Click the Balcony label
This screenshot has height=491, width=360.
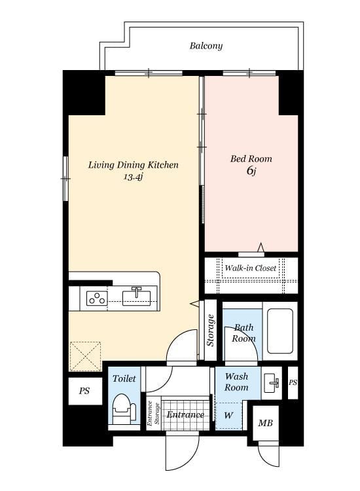coord(206,46)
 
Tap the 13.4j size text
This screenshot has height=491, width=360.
coord(134,177)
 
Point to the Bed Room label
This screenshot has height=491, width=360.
coord(251,159)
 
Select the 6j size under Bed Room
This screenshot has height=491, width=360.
coord(251,171)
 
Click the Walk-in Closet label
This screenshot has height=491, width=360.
coord(251,268)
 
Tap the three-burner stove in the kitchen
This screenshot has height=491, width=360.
coord(97,298)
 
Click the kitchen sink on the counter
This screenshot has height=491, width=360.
coord(136,296)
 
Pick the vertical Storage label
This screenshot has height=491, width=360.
coord(210,331)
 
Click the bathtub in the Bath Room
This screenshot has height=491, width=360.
coord(280,331)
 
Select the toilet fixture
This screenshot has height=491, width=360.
coord(124,409)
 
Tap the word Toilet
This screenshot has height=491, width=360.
coord(124,378)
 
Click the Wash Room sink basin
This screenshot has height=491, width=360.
coord(271,383)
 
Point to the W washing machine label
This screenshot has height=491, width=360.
coord(229,416)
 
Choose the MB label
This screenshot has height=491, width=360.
coord(266,424)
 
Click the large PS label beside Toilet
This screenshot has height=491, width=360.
coord(84,391)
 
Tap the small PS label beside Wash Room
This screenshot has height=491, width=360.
coord(293,382)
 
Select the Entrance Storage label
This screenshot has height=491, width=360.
coord(153,413)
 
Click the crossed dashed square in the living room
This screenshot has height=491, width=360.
coord(85,357)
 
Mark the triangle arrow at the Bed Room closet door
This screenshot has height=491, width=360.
coord(261,247)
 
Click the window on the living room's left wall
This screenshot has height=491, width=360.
coord(65,179)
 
